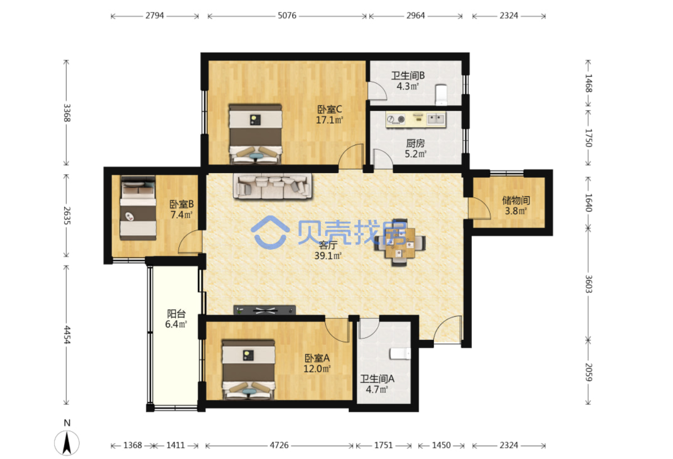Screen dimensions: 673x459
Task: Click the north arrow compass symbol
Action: [67, 443]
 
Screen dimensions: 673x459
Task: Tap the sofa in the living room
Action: [273, 186]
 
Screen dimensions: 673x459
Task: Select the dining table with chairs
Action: [400, 243]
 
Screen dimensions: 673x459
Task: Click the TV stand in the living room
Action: [264, 310]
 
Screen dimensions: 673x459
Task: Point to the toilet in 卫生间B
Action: [441, 95]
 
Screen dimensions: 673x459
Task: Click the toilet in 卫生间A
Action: [400, 353]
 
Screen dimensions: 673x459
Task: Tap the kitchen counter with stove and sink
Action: [416, 120]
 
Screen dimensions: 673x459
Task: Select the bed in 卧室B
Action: [138, 208]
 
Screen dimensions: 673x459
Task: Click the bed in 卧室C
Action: [255, 134]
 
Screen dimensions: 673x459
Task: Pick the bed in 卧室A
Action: [249, 370]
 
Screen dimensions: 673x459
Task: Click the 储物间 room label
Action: [516, 200]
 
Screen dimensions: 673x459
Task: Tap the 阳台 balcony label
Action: [176, 314]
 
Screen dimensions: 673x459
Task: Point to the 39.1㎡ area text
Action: [328, 256]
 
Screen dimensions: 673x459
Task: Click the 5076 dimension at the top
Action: [287, 16]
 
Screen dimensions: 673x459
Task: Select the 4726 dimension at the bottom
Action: [279, 445]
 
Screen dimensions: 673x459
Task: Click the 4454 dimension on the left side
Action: [67, 335]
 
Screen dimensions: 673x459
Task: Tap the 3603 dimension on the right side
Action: [588, 284]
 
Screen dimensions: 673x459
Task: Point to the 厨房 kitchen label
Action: [415, 143]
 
